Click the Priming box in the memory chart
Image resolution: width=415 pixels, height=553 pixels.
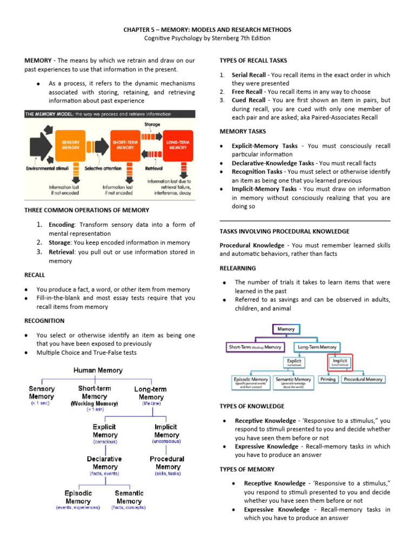327,380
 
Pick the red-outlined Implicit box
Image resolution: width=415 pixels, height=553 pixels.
340,363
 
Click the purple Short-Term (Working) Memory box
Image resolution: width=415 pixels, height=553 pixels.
255,347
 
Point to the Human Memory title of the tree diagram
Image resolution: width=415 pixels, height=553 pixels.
98,370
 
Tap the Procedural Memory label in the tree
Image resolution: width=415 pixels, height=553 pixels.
168,463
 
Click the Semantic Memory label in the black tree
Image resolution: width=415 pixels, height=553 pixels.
129,497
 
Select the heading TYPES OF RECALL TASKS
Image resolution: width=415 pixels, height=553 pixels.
253,60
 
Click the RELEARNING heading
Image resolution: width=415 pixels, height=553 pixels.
238,268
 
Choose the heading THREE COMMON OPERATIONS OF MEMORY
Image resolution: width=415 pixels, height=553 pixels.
87,210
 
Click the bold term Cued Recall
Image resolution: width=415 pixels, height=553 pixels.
249,100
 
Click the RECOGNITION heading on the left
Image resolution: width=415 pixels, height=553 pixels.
44,321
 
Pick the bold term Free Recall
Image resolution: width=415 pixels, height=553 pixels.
247,92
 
